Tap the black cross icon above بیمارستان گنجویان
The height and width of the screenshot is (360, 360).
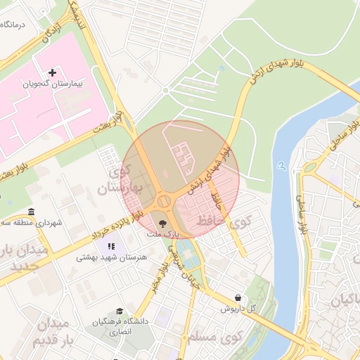pyautogui.click(x=53, y=72)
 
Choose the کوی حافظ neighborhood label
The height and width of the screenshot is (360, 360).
pyautogui.click(x=240, y=222)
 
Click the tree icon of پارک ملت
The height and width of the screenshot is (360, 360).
pyautogui.click(x=163, y=221)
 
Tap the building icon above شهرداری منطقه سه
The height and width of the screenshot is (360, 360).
pyautogui.click(x=30, y=212)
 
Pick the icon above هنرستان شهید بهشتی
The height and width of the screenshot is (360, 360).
pyautogui.click(x=111, y=247)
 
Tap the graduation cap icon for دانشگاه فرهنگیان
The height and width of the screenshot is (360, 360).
pyautogui.click(x=120, y=311)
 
